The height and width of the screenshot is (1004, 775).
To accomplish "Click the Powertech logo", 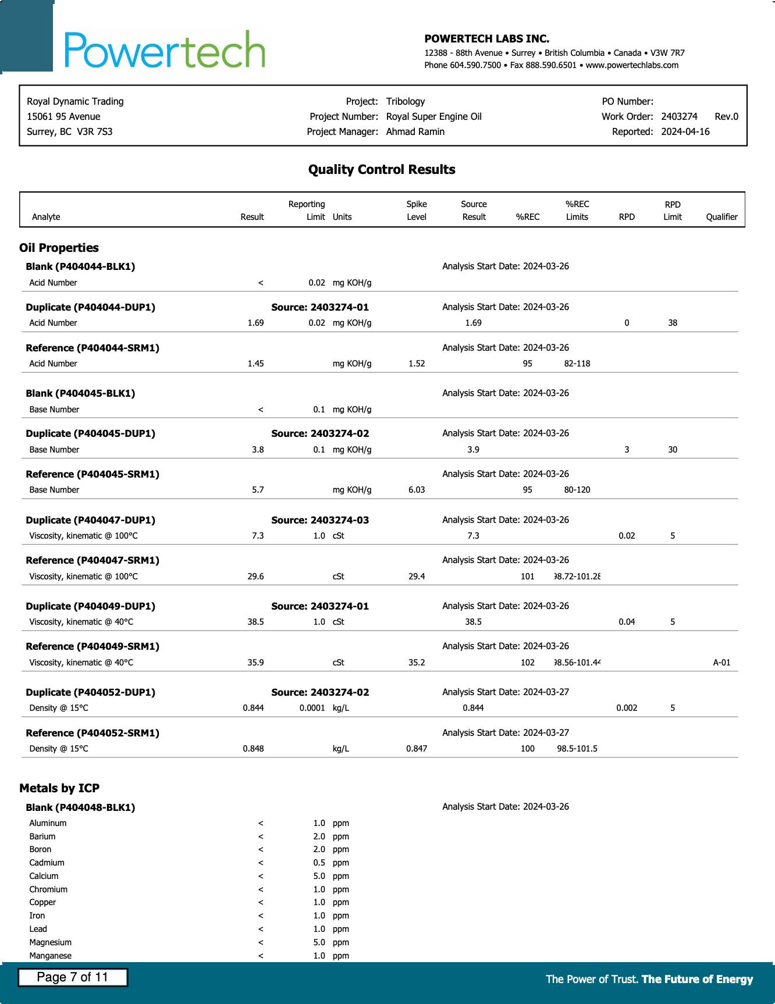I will tap(165, 50).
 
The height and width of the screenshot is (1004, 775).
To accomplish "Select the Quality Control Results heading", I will tap(382, 170).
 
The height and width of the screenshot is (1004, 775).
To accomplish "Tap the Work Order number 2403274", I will tap(679, 116).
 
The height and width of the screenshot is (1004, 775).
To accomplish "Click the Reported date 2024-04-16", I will tap(685, 131).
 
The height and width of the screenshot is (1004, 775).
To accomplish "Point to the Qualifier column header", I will tap(721, 217).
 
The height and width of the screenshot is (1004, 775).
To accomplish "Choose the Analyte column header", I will tap(46, 217).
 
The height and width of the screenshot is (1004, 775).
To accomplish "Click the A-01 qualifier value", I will tap(721, 663).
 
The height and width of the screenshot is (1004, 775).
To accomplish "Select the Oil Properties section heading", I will tap(59, 248).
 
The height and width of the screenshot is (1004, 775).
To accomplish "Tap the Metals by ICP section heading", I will tap(59, 788).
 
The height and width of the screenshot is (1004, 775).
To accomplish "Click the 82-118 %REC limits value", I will tap(577, 364).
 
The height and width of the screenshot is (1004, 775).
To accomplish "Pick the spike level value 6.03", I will tap(417, 490).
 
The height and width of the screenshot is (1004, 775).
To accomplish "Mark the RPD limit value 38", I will tap(673, 323).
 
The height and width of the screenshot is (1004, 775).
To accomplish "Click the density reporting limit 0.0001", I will tap(312, 708).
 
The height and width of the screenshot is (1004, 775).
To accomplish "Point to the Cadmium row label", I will tap(47, 863).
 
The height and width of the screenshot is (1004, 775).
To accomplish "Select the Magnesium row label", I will tap(50, 942).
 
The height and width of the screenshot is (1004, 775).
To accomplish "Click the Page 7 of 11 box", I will tap(73, 977).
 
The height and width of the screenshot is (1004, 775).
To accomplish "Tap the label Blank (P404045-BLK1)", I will tap(80, 393).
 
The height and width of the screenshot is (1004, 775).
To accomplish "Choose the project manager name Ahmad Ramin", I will tap(415, 131).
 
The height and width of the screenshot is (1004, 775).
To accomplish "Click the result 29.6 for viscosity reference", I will tap(255, 576).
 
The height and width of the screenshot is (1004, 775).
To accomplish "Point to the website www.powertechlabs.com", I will tap(632, 65).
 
